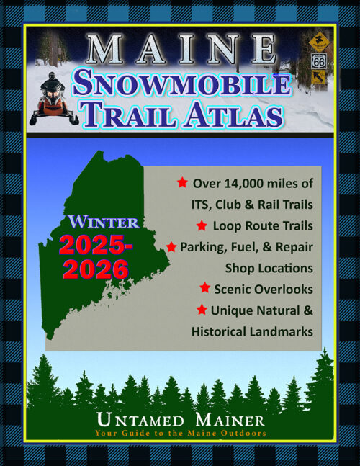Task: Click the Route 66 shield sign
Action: tap(318, 63)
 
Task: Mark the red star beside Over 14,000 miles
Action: tap(183, 182)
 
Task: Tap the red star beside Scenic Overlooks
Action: tap(204, 288)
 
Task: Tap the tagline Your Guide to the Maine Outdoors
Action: tap(179, 434)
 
